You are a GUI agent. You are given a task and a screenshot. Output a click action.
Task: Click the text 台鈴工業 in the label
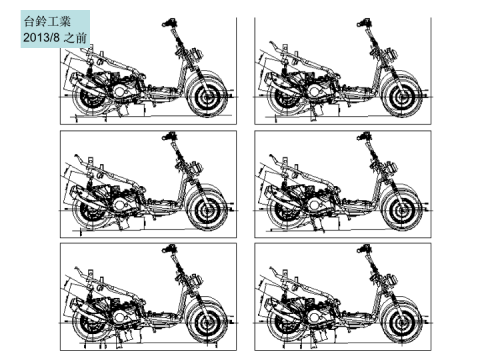pos(47,22)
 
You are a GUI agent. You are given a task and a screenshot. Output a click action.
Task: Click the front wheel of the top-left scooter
pos(208,97)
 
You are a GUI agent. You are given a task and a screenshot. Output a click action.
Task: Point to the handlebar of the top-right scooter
pos(365,23)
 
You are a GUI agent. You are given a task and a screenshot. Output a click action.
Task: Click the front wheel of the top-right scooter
pos(402,97)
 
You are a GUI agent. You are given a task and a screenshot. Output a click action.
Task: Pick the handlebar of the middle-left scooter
pos(170,136)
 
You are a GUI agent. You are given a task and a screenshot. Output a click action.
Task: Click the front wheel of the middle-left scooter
pos(208,210)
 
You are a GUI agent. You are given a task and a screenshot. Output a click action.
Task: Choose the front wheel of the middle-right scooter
pos(402,210)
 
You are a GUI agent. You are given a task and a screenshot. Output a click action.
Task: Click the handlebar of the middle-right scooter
pos(365,136)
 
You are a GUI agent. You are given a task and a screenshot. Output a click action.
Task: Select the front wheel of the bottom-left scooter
pos(208,323)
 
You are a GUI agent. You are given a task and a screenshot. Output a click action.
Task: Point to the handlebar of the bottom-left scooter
pos(170,249)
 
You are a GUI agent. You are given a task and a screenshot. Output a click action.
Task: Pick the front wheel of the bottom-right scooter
pos(402,323)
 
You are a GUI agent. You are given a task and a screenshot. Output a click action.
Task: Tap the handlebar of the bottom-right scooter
pos(365,249)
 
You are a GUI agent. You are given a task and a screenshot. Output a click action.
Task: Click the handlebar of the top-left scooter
pos(170,23)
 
